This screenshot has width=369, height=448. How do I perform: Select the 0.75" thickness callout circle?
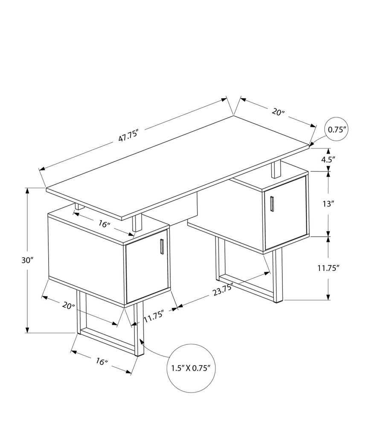(x=336, y=130)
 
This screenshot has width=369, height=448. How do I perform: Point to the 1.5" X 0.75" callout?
(x=191, y=368)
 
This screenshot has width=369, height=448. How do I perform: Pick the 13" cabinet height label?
(x=327, y=204)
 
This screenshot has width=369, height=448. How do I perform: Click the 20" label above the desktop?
(x=278, y=112)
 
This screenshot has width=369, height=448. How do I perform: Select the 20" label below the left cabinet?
(x=69, y=305)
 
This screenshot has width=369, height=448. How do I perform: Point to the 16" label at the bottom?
(x=101, y=362)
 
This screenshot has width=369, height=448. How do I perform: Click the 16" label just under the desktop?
(x=104, y=224)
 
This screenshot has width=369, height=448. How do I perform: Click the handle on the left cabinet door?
(x=162, y=247)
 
